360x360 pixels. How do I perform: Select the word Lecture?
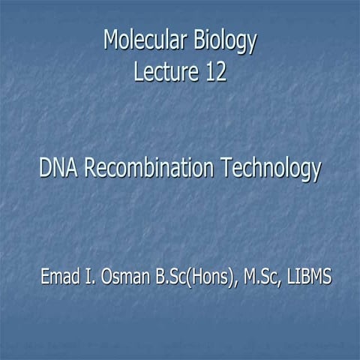pyautogui.click(x=160, y=73)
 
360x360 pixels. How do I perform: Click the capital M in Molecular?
pyautogui.click(x=111, y=42)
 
